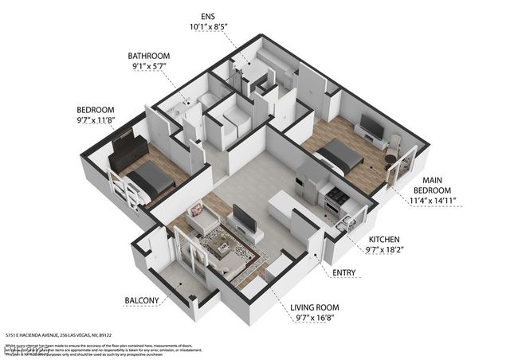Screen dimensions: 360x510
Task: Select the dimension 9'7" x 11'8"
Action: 96,122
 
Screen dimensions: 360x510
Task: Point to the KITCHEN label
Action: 384,239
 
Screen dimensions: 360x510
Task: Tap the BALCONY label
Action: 143,300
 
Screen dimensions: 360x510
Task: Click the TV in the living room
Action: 244,218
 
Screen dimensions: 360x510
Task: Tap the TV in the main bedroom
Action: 370,126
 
